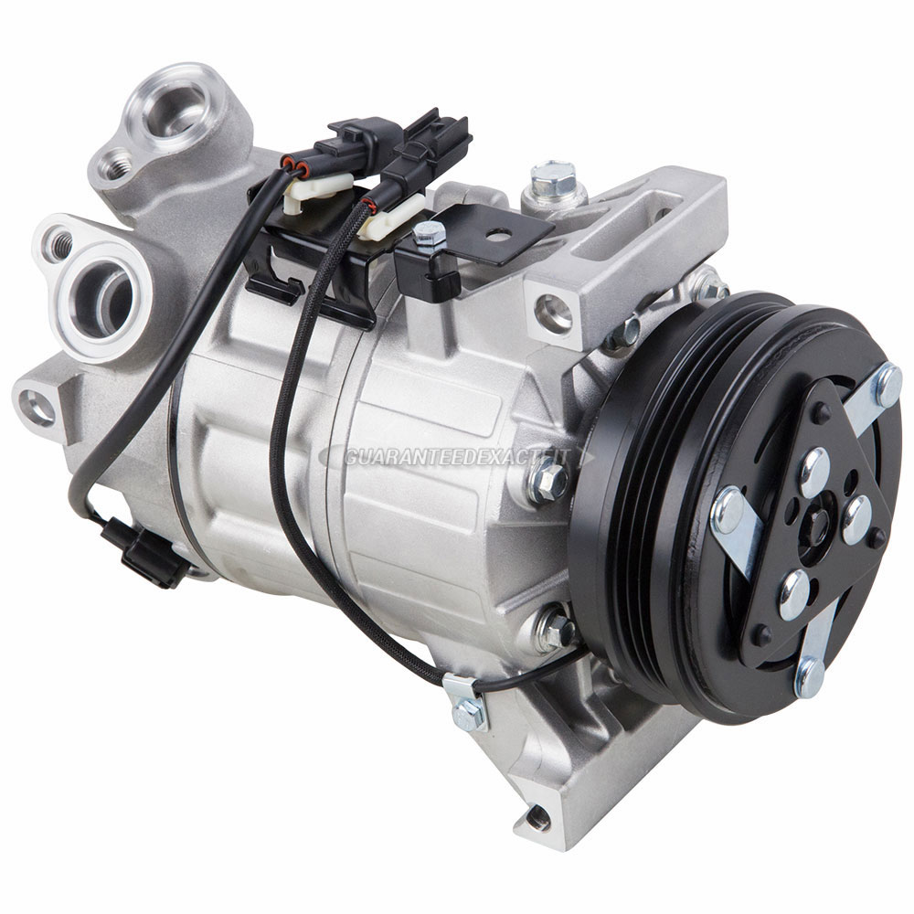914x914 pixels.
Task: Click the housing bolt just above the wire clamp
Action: click(553, 628)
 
